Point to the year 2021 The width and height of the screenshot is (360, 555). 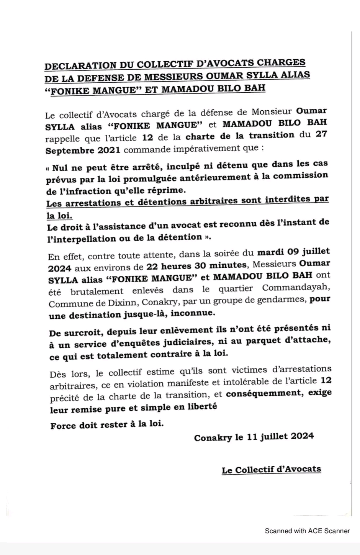tap(108, 150)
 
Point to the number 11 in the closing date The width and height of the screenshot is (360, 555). tap(252, 437)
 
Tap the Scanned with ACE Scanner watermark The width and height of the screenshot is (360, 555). tap(307, 531)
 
